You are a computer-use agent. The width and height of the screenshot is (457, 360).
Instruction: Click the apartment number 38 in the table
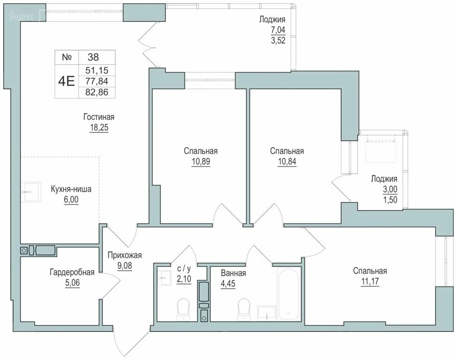coord(94,57)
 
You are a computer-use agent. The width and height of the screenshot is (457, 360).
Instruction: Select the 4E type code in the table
coord(66,81)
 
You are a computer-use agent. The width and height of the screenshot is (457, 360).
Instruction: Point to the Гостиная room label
coord(99,117)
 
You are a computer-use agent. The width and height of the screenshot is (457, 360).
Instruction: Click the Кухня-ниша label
coord(71,189)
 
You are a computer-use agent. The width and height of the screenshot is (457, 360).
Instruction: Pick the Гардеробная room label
coord(72,272)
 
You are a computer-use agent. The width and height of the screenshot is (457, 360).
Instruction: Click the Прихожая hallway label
coord(124,255)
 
